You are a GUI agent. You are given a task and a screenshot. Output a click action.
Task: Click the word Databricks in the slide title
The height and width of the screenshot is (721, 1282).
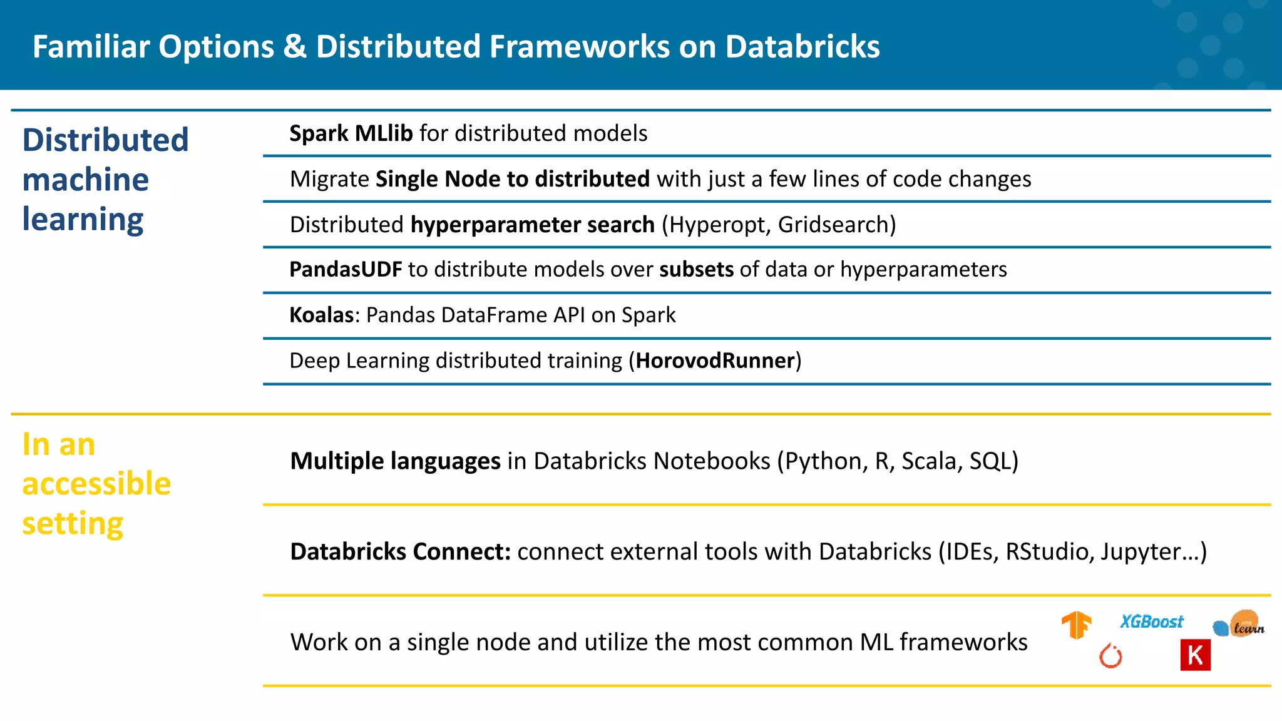click(x=803, y=46)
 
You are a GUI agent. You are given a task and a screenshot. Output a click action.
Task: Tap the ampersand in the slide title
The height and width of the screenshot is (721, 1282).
click(x=295, y=46)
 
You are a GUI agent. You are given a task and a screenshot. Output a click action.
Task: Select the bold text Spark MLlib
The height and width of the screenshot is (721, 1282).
click(x=351, y=133)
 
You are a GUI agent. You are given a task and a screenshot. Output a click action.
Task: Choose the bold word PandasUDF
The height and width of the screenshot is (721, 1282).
click(x=346, y=269)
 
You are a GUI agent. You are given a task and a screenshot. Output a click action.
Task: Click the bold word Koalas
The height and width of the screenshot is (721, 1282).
click(x=322, y=315)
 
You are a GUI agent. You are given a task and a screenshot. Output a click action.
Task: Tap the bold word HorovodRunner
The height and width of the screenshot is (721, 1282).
click(x=715, y=360)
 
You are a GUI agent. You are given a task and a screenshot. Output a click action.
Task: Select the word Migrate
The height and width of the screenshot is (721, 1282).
click(x=329, y=179)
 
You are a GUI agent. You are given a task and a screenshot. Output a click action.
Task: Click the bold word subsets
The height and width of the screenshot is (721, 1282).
click(x=696, y=269)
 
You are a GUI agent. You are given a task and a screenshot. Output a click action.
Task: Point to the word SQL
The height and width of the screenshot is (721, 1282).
click(x=991, y=461)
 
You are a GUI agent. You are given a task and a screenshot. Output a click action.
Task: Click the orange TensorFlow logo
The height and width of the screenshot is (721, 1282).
click(x=1076, y=625)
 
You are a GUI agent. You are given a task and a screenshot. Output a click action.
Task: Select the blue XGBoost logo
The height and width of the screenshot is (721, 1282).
click(x=1152, y=621)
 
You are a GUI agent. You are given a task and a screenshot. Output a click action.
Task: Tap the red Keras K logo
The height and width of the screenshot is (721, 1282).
click(x=1195, y=655)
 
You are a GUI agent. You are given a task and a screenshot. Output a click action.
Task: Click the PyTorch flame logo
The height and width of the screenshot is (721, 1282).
click(x=1111, y=656)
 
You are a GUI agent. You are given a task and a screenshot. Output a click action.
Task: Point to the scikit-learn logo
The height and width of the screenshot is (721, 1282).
click(x=1239, y=625)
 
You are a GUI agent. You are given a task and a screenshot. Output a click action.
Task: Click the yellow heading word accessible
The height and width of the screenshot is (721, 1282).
click(x=96, y=484)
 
